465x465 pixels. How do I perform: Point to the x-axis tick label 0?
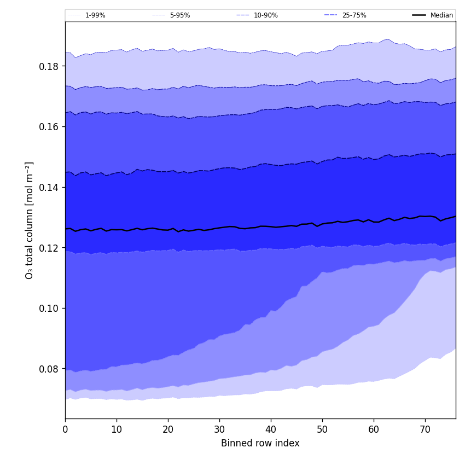[65, 429]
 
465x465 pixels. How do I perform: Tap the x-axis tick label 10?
[117, 429]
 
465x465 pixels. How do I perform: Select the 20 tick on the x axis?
[168, 429]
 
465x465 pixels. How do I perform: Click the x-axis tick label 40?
[271, 429]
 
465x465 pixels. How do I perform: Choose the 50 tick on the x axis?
[322, 429]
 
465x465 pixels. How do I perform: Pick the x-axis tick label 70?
[425, 429]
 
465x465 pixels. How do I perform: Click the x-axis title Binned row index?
[260, 443]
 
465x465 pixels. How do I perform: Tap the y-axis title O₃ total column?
[30, 220]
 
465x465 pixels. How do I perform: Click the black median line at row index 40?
[271, 226]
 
